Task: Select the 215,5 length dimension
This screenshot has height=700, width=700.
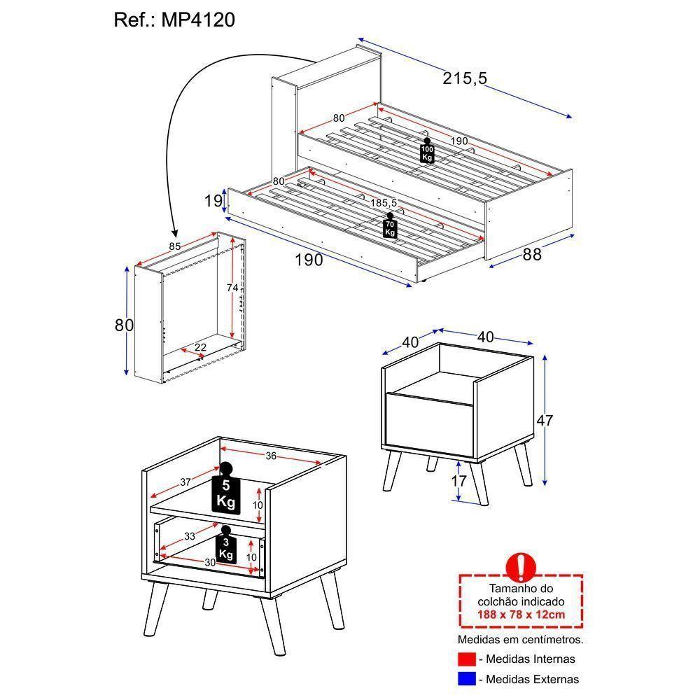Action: point(464,79)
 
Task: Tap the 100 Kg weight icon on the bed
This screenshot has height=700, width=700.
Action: point(427,152)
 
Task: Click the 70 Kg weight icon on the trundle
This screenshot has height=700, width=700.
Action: point(390,227)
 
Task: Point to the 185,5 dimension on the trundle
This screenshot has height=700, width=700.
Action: point(384,203)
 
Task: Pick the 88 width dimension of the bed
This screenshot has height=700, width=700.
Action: point(532,255)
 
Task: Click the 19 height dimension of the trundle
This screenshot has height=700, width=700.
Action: point(213,202)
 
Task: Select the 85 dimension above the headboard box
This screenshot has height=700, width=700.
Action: point(175,246)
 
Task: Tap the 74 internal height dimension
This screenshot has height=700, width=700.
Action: point(232,288)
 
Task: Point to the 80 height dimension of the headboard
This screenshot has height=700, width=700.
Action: point(125,325)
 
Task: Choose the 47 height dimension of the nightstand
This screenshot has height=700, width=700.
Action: point(544,421)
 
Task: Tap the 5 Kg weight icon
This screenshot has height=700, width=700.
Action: point(225,491)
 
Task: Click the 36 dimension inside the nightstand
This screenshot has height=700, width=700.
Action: point(272,456)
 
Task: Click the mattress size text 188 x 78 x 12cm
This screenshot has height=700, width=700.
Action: point(521,615)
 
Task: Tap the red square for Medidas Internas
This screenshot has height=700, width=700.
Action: point(466,659)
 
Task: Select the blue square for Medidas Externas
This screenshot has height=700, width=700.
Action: point(466,678)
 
